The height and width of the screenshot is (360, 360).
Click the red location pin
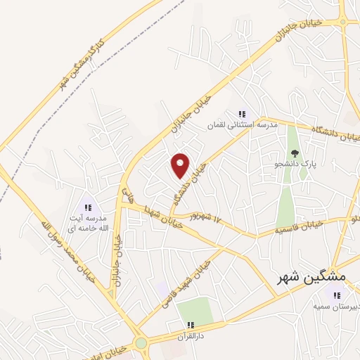point(181,165)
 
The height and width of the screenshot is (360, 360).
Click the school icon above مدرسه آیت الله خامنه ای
point(89,207)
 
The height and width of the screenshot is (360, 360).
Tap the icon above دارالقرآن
point(191,325)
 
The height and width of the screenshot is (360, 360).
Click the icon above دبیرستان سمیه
point(337,295)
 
